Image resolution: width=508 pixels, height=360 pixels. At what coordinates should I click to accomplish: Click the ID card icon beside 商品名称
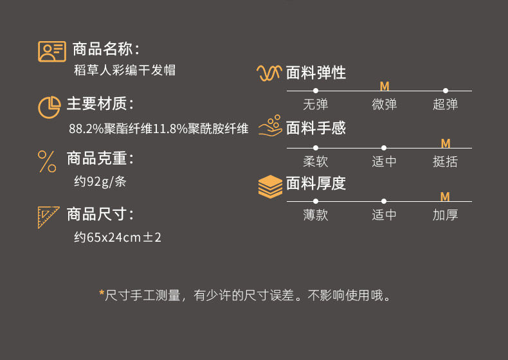tap(51, 51)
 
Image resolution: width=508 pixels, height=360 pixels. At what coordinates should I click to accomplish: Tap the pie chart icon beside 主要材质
tap(50, 107)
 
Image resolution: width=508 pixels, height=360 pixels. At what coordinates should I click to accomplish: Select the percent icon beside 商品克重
tap(47, 161)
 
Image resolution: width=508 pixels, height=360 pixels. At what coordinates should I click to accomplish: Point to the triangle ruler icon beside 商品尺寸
tap(49, 217)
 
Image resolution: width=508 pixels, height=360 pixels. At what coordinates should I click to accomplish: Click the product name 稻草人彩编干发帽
tap(125, 71)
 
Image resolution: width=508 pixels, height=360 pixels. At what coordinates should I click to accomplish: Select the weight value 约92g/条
tap(100, 181)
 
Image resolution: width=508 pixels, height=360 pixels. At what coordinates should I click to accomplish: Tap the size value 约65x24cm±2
tap(118, 237)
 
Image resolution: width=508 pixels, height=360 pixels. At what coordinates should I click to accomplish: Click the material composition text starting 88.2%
tap(158, 129)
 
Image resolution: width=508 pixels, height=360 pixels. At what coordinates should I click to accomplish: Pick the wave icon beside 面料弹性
tap(269, 73)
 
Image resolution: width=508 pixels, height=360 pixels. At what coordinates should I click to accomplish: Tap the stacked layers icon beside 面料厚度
tap(270, 186)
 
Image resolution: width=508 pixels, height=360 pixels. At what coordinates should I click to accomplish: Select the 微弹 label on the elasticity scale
tap(384, 104)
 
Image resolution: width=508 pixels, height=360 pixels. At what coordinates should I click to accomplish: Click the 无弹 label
tap(315, 104)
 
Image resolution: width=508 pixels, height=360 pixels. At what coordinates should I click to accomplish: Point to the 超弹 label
tap(445, 104)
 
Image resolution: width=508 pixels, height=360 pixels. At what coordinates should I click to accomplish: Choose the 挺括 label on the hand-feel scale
tap(445, 161)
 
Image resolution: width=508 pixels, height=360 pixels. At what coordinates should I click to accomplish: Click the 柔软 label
tap(315, 161)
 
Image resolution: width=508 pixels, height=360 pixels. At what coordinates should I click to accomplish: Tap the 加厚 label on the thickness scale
tap(445, 215)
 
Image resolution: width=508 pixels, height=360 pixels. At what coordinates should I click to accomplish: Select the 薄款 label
tap(315, 215)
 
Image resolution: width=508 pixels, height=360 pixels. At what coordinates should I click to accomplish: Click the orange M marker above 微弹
tap(385, 86)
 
